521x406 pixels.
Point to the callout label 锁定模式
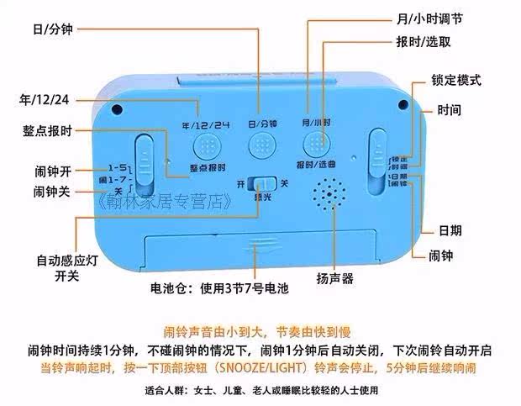click(x=455, y=81)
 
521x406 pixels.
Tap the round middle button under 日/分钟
click(x=262, y=144)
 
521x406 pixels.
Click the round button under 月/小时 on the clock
click(x=315, y=142)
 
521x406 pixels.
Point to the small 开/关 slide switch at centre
click(x=265, y=183)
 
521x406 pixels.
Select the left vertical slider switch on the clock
click(x=145, y=162)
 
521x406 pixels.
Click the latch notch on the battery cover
click(x=259, y=247)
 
